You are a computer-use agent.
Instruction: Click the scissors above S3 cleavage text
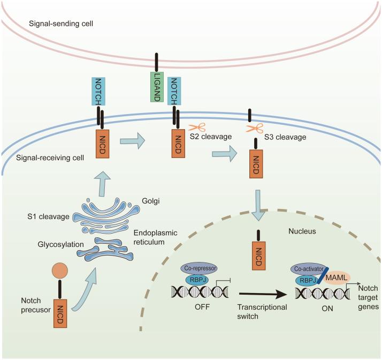click(254, 128)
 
